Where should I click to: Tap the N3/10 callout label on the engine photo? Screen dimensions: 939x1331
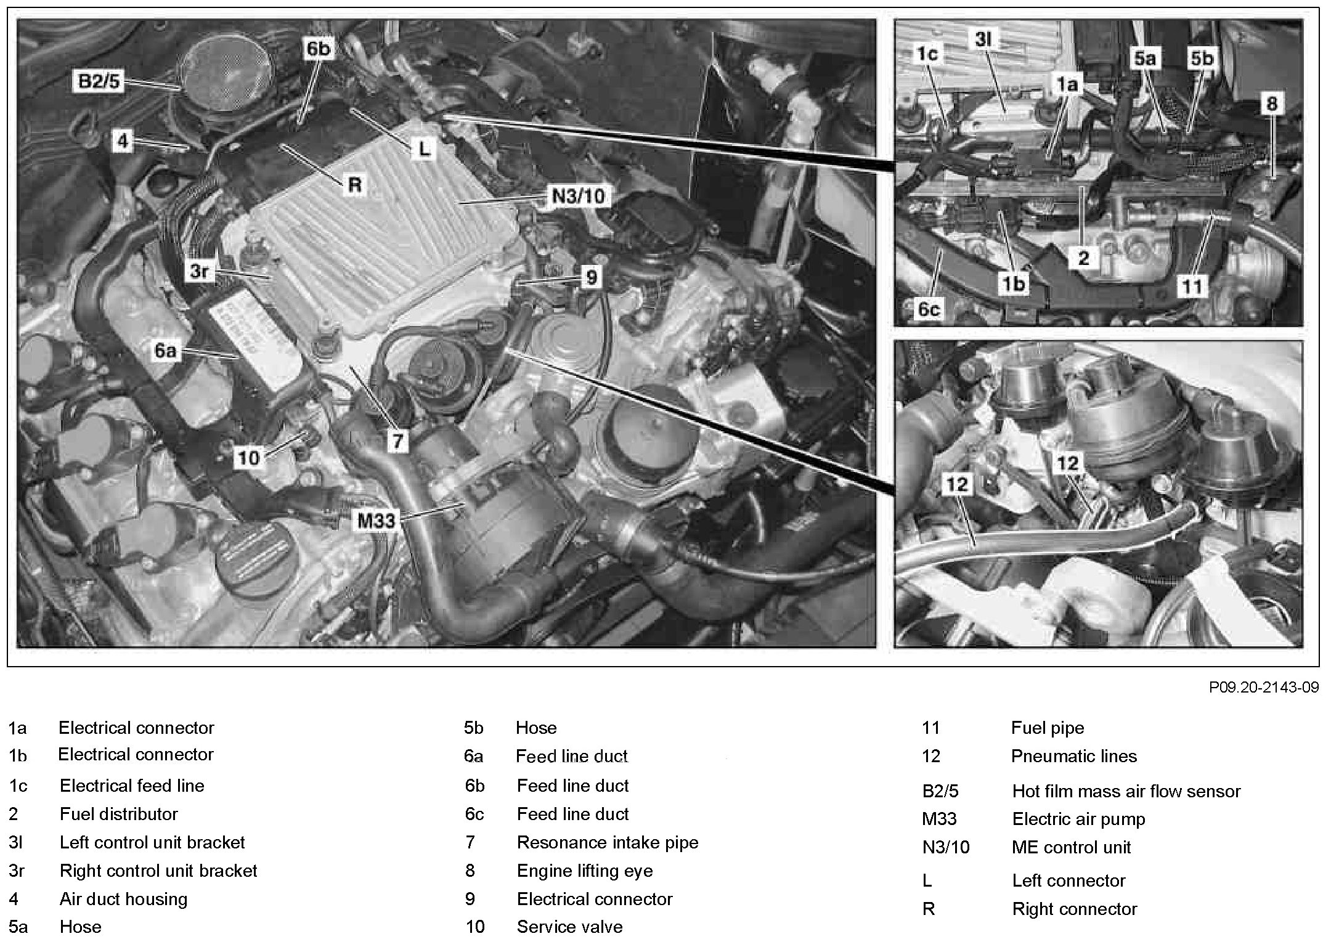point(577,197)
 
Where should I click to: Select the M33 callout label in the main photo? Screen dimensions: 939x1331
point(377,521)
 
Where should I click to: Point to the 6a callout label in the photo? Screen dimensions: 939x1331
point(165,351)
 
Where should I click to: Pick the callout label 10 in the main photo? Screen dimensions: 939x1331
point(249,458)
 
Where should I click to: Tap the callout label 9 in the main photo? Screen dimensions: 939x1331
point(591,277)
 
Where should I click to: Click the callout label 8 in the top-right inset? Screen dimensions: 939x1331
point(1272,104)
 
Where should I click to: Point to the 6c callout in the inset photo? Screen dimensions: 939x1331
point(929,309)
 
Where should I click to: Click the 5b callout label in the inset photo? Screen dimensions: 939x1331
point(1201,59)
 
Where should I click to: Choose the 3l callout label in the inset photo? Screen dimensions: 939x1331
point(983,40)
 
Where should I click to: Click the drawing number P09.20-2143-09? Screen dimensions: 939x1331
point(1263,687)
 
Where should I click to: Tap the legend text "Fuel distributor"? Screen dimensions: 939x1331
point(118,814)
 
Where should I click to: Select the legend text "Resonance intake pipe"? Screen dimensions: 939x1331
point(607,842)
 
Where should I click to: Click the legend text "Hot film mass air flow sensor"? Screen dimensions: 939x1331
point(1126,791)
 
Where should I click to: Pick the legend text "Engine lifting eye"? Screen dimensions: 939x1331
point(584,871)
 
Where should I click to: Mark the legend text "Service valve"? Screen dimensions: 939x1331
point(569,927)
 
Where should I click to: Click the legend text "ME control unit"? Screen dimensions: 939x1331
point(1071,847)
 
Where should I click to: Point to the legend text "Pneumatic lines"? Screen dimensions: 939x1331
point(1073,756)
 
